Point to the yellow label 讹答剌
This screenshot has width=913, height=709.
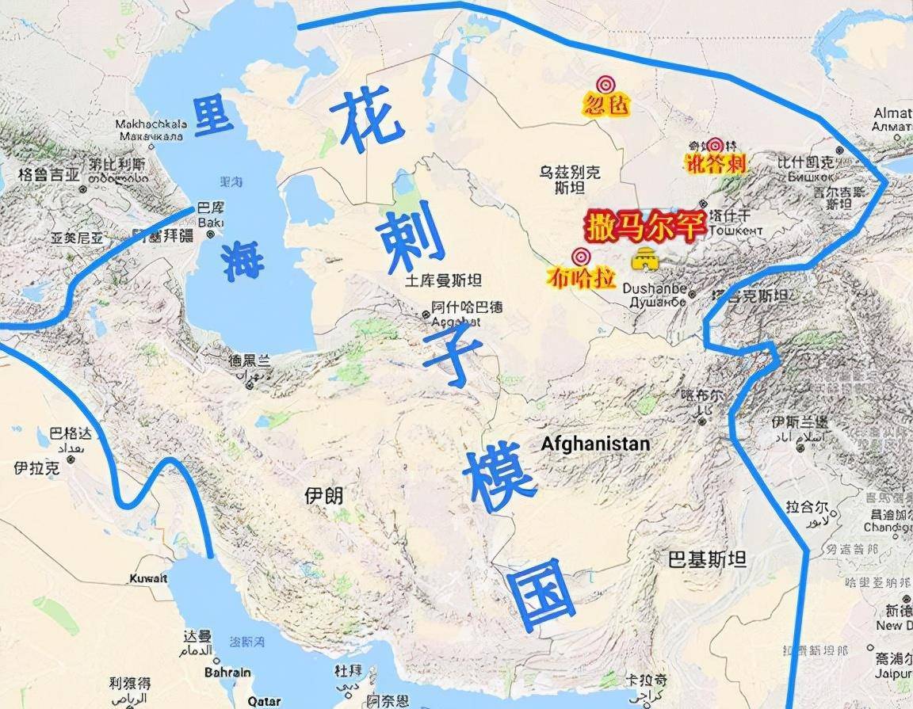coord(716,163)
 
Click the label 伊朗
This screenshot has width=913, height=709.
coord(324,497)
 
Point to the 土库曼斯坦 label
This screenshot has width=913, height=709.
coord(444,280)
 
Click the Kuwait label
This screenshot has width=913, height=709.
coord(149,578)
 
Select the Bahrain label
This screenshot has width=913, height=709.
coord(227,672)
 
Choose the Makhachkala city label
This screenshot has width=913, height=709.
coord(150,124)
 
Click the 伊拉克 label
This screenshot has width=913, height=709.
coord(36,468)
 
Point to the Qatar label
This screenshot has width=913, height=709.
coord(264,701)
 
